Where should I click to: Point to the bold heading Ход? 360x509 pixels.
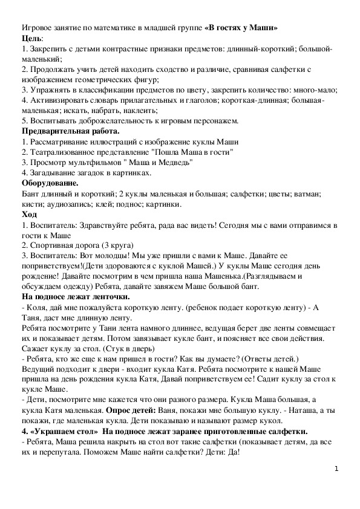click(29, 215)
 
